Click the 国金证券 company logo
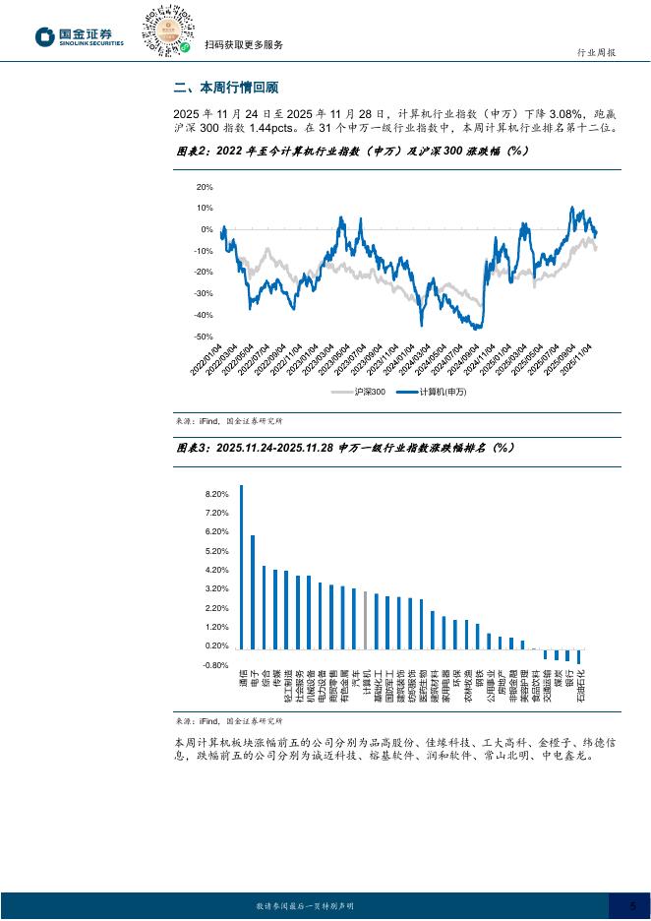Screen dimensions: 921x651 [79, 36]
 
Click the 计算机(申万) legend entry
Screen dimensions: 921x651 [431, 392]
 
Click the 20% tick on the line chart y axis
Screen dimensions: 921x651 [205, 186]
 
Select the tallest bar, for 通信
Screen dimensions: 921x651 [242, 567]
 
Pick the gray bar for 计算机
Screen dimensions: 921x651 [365, 620]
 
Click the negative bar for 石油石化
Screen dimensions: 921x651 [580, 656]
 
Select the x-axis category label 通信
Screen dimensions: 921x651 [242, 680]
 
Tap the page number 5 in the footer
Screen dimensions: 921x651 [632, 905]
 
